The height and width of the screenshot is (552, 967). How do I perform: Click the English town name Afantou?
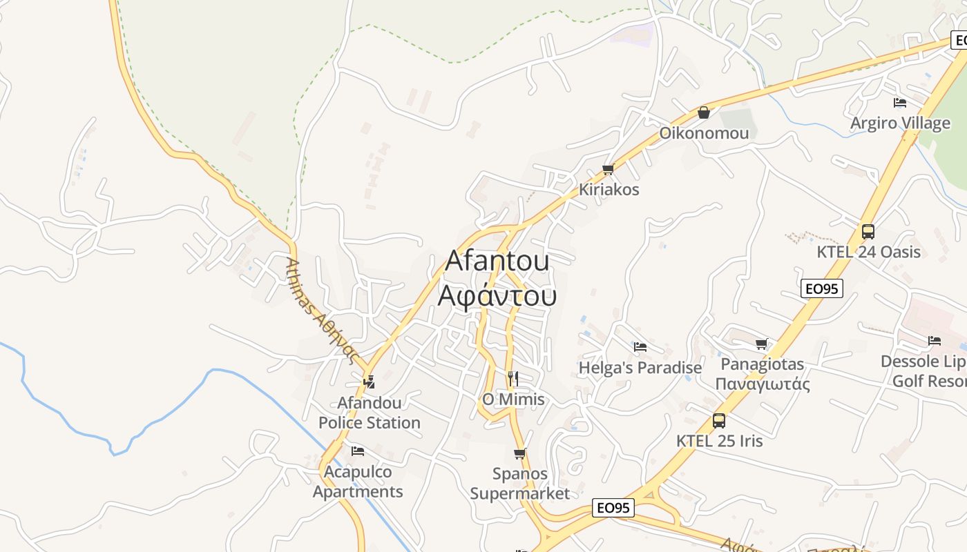[497, 260]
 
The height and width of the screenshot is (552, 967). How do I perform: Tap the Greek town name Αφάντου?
[497, 295]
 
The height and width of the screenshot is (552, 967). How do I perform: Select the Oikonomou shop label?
[704, 132]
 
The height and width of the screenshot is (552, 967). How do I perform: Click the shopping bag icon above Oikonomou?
[704, 112]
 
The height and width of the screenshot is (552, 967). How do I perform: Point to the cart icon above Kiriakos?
[608, 169]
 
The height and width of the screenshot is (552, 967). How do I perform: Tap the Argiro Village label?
[900, 123]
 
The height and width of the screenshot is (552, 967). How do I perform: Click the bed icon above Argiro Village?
[899, 103]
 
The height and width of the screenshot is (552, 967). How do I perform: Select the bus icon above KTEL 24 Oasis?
[868, 231]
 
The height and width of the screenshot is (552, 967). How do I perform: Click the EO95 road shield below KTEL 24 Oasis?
[822, 288]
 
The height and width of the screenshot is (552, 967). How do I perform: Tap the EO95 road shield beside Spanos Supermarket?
[613, 508]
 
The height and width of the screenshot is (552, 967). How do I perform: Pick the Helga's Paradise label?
[640, 368]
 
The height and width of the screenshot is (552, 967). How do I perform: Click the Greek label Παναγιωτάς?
[763, 384]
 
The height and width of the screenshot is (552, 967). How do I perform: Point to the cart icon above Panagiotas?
[762, 344]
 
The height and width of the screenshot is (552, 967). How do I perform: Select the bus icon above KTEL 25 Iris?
[719, 420]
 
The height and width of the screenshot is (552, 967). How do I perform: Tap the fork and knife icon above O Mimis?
[513, 378]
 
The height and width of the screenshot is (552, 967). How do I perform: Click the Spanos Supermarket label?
[520, 483]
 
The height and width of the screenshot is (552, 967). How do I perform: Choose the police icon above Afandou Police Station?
[369, 381]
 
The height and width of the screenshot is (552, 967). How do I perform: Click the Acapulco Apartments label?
[358, 482]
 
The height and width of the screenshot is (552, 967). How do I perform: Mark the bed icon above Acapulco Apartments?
[357, 451]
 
